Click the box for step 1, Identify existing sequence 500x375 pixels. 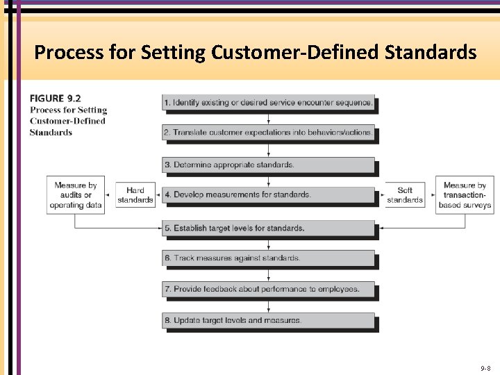[x=269, y=103]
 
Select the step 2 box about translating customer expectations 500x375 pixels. [x=269, y=132]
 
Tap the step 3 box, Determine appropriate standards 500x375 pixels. [x=269, y=165]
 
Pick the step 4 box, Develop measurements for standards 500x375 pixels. [x=269, y=194]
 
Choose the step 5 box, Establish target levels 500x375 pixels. [x=269, y=228]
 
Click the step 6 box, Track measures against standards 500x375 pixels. [x=269, y=258]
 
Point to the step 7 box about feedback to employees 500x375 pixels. [x=269, y=289]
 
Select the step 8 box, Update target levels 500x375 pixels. [x=269, y=320]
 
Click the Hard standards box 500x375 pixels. [x=135, y=195]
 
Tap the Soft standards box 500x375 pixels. [x=405, y=195]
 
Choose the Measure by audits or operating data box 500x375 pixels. [x=76, y=195]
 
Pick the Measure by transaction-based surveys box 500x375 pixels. [x=465, y=195]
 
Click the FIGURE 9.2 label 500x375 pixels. [x=56, y=99]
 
